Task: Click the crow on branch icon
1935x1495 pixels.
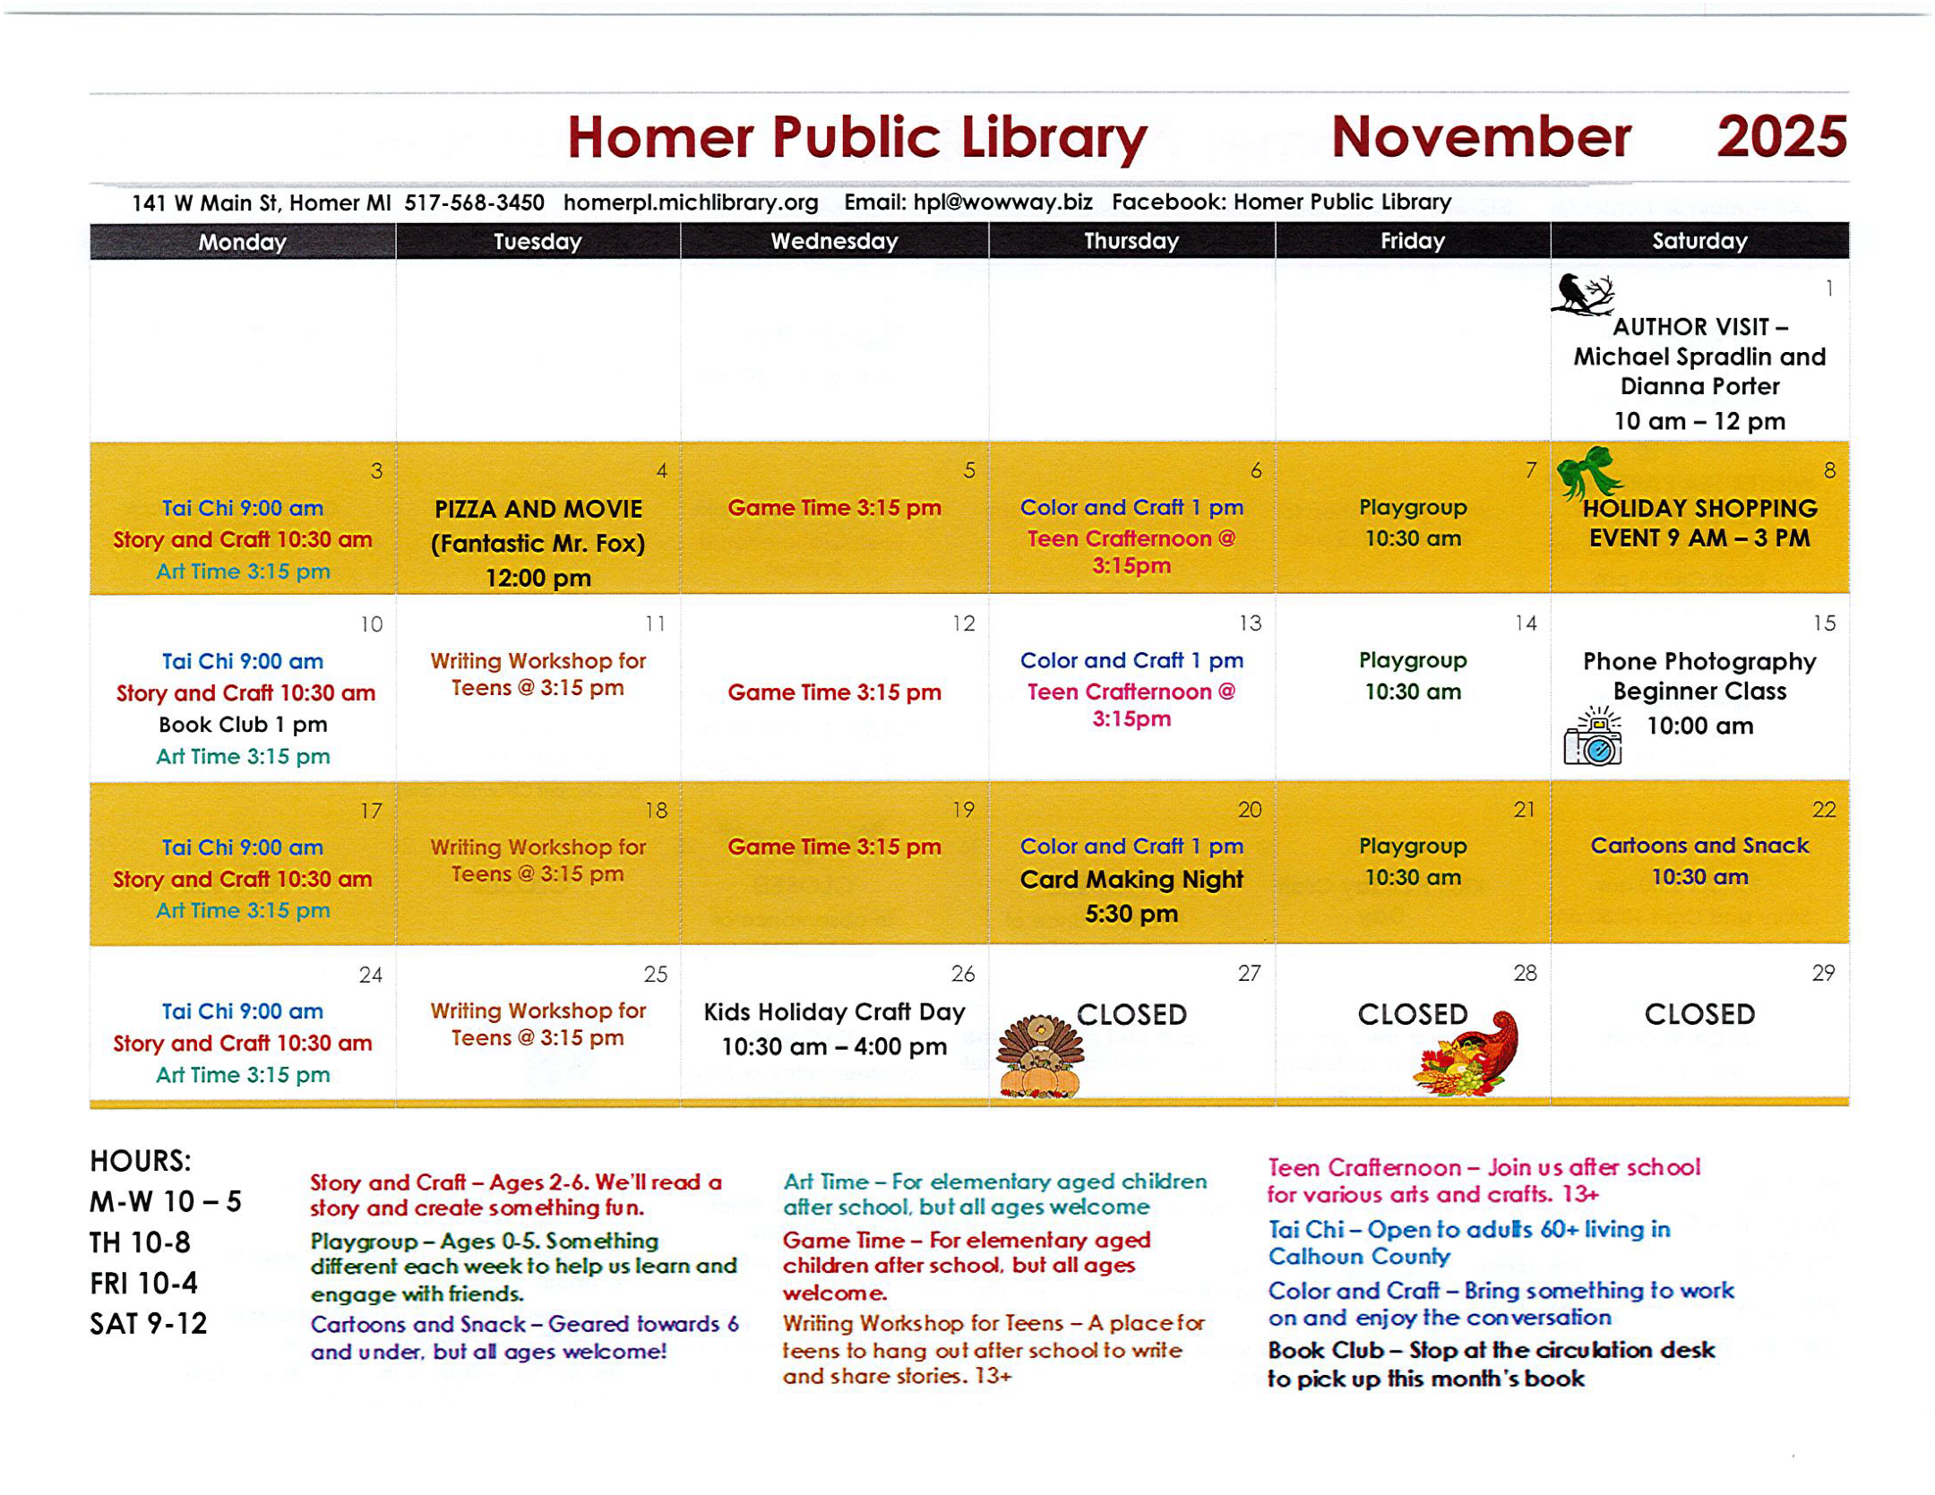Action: click(x=1581, y=295)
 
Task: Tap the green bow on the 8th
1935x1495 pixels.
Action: click(x=1587, y=471)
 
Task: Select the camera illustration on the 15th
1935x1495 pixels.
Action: click(x=1593, y=736)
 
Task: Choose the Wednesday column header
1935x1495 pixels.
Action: click(x=834, y=241)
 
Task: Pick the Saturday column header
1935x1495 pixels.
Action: click(x=1698, y=241)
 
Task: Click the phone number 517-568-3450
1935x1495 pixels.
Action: click(x=474, y=203)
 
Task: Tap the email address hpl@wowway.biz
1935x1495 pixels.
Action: click(x=1002, y=202)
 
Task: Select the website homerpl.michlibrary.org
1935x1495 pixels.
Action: click(x=691, y=203)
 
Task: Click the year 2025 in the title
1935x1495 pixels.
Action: click(x=1780, y=137)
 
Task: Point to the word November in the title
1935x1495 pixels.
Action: click(x=1480, y=137)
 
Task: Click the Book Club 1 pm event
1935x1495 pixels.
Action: click(x=243, y=725)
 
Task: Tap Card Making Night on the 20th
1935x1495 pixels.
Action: click(x=1131, y=880)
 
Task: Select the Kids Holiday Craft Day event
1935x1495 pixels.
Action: click(x=834, y=1012)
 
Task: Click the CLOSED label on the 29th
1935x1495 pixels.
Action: click(x=1698, y=1015)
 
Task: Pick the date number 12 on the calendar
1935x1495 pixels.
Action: click(x=963, y=624)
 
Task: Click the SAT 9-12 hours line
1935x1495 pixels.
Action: click(x=149, y=1324)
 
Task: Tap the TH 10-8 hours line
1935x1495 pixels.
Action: click(x=140, y=1243)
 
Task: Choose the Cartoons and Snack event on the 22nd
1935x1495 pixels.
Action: click(x=1698, y=846)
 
